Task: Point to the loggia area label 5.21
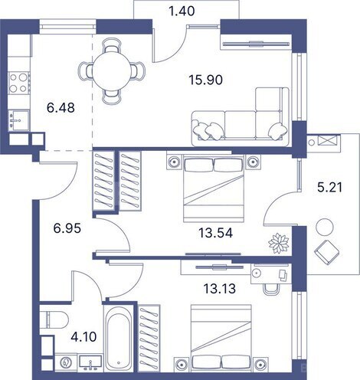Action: [x=332, y=184]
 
